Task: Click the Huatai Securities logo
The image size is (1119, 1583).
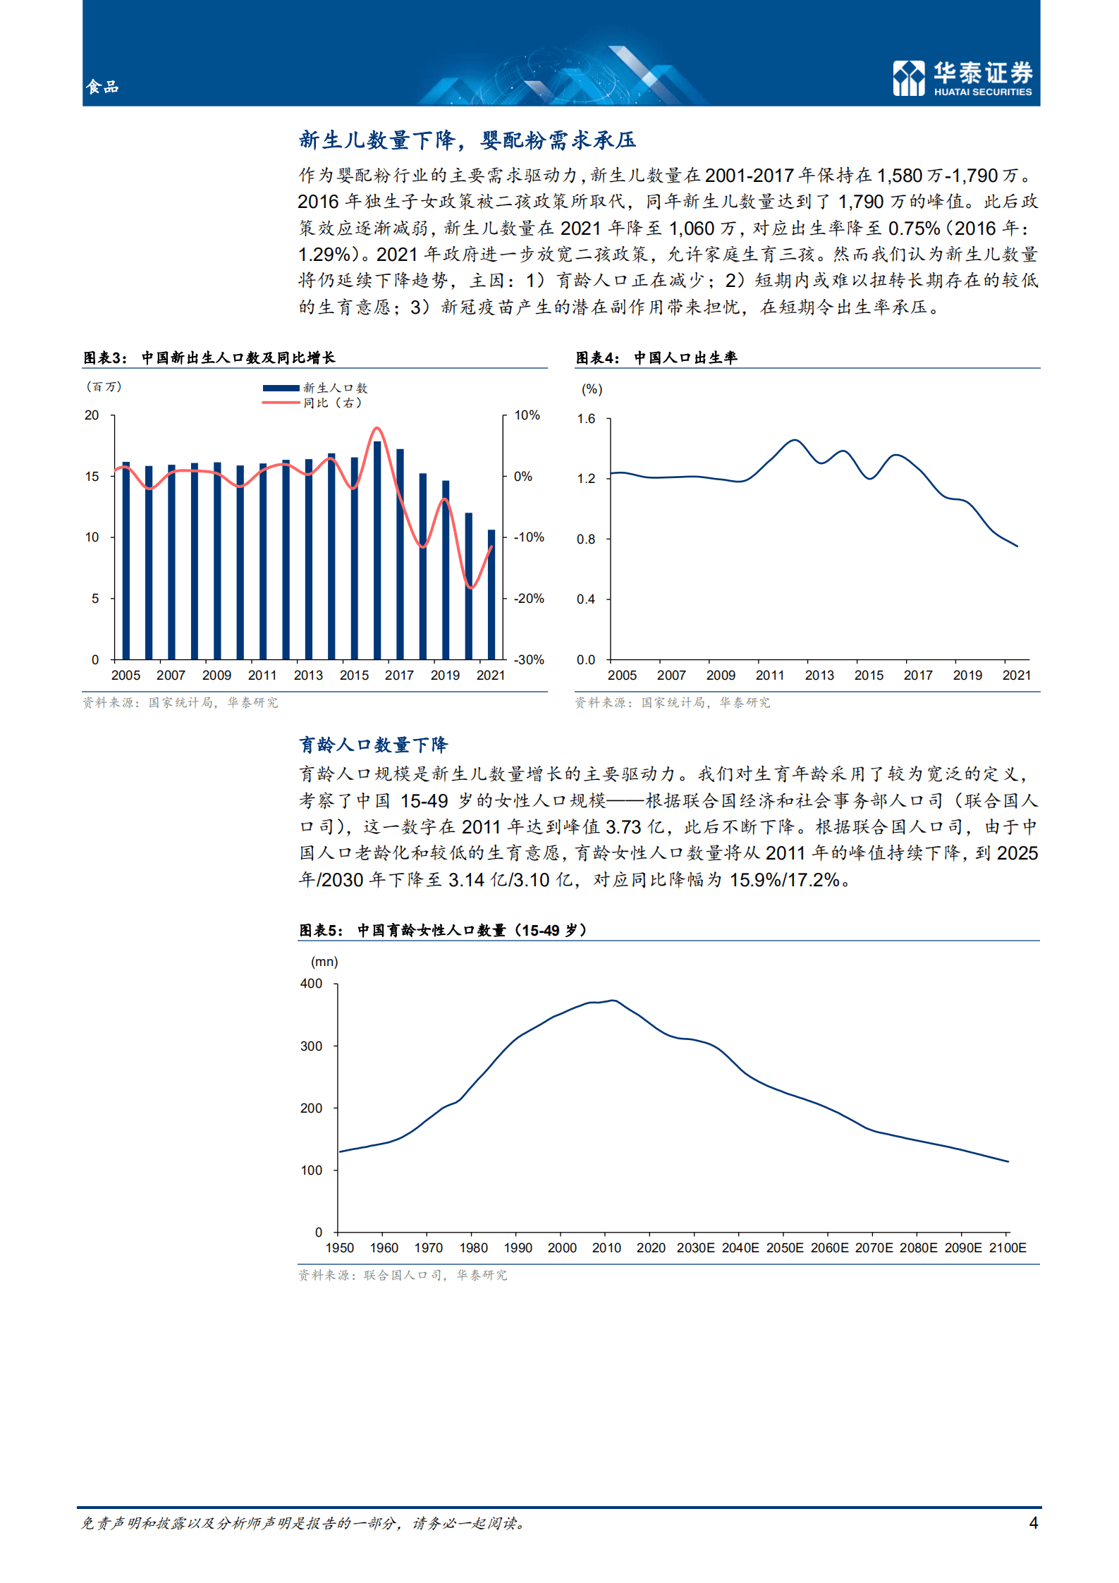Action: [962, 78]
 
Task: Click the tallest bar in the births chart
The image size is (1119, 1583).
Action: [377, 550]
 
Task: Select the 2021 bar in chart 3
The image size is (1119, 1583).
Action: [491, 594]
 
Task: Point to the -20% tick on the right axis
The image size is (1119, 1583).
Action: [528, 599]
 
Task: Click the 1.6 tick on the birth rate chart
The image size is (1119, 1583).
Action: [586, 419]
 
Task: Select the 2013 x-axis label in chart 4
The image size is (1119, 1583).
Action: [819, 676]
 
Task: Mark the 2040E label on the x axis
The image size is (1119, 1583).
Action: [740, 1248]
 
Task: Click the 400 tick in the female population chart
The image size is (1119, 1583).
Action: [312, 984]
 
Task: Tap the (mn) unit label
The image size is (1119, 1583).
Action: [324, 962]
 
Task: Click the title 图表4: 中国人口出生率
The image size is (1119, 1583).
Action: [656, 358]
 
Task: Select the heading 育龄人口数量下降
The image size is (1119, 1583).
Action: [374, 745]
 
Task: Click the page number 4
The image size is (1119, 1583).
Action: [1034, 1523]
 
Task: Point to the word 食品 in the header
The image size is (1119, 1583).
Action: [102, 87]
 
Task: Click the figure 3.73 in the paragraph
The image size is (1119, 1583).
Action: [623, 827]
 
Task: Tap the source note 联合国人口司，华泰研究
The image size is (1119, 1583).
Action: [403, 1275]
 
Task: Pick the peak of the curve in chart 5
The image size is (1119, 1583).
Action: [613, 1001]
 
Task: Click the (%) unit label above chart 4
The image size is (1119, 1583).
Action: [592, 389]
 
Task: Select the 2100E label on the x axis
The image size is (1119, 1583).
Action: [1008, 1248]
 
